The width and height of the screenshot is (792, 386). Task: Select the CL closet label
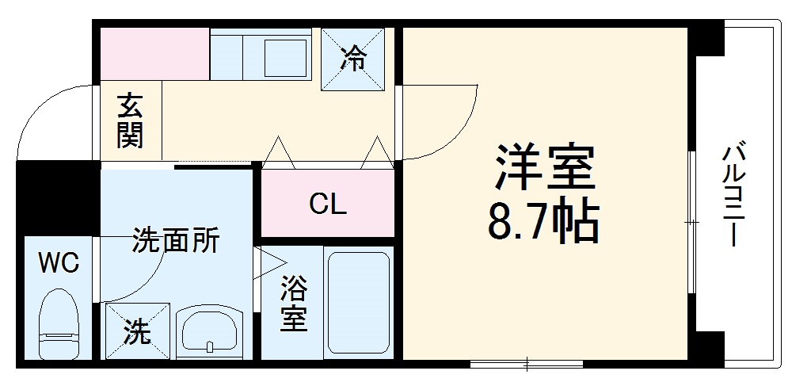point(328,205)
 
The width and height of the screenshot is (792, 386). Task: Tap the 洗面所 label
point(175,240)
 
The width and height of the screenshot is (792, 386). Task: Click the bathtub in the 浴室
point(358,304)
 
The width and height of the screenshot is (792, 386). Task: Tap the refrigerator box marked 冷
point(354,59)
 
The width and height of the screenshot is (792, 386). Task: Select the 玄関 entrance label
point(130,121)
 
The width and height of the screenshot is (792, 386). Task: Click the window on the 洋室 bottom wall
point(527,365)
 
